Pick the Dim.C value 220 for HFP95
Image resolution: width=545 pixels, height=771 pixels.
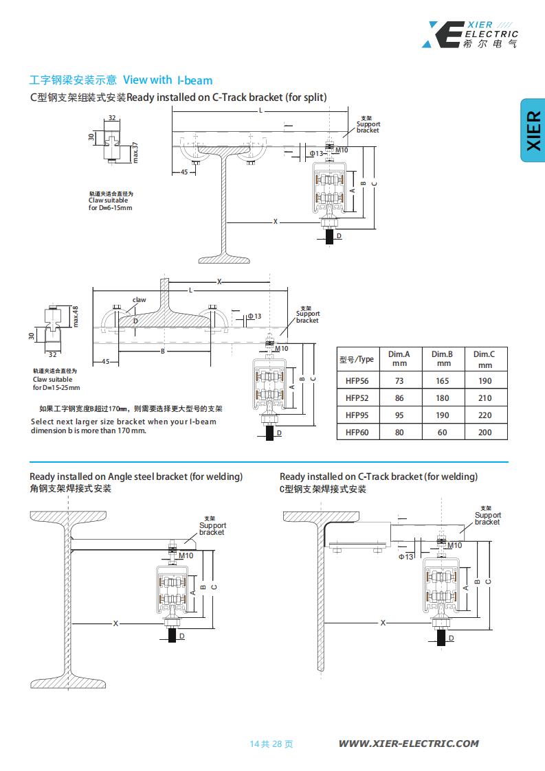point(485,415)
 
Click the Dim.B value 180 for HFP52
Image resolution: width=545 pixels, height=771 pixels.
point(443,398)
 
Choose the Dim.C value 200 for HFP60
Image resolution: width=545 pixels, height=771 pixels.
point(485,432)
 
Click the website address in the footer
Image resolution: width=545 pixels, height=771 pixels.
point(408,743)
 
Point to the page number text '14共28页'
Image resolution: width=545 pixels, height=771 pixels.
point(271,744)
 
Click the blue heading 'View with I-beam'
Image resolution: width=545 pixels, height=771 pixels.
point(168,80)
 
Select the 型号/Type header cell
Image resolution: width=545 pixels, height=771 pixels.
point(357,359)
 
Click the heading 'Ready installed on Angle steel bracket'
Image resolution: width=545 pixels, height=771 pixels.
point(136,476)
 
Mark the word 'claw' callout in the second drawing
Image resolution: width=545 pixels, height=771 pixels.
point(140,300)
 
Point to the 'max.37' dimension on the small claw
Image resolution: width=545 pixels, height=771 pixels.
point(135,152)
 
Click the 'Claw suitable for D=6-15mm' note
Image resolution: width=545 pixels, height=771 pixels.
point(110,200)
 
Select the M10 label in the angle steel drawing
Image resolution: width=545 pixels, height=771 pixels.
point(186,555)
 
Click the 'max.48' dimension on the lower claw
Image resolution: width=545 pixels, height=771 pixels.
point(76,317)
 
